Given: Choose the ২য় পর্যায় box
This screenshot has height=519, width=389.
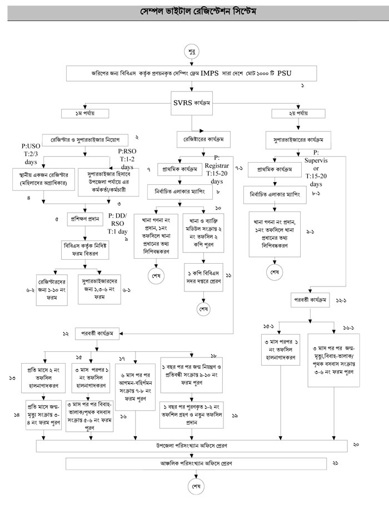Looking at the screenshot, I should click(x=291, y=114).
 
